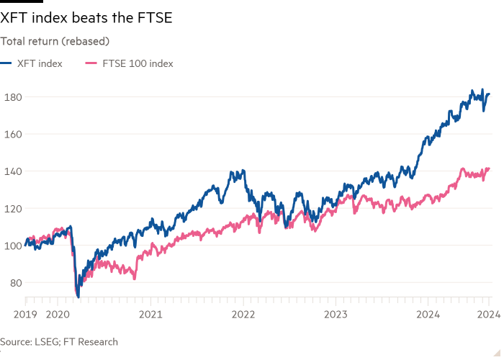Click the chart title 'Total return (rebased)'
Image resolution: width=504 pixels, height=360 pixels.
54,42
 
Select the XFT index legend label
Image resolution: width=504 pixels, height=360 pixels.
40,63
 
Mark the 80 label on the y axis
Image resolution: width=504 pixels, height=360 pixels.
13,282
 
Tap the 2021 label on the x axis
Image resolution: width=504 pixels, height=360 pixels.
150,314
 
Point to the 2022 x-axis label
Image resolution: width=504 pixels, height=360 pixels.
243,314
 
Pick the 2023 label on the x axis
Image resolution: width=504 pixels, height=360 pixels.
336,314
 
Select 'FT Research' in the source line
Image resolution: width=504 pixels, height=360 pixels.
92,342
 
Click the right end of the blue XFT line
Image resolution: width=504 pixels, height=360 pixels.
490,94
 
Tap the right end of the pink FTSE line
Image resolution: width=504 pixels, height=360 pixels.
490,169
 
